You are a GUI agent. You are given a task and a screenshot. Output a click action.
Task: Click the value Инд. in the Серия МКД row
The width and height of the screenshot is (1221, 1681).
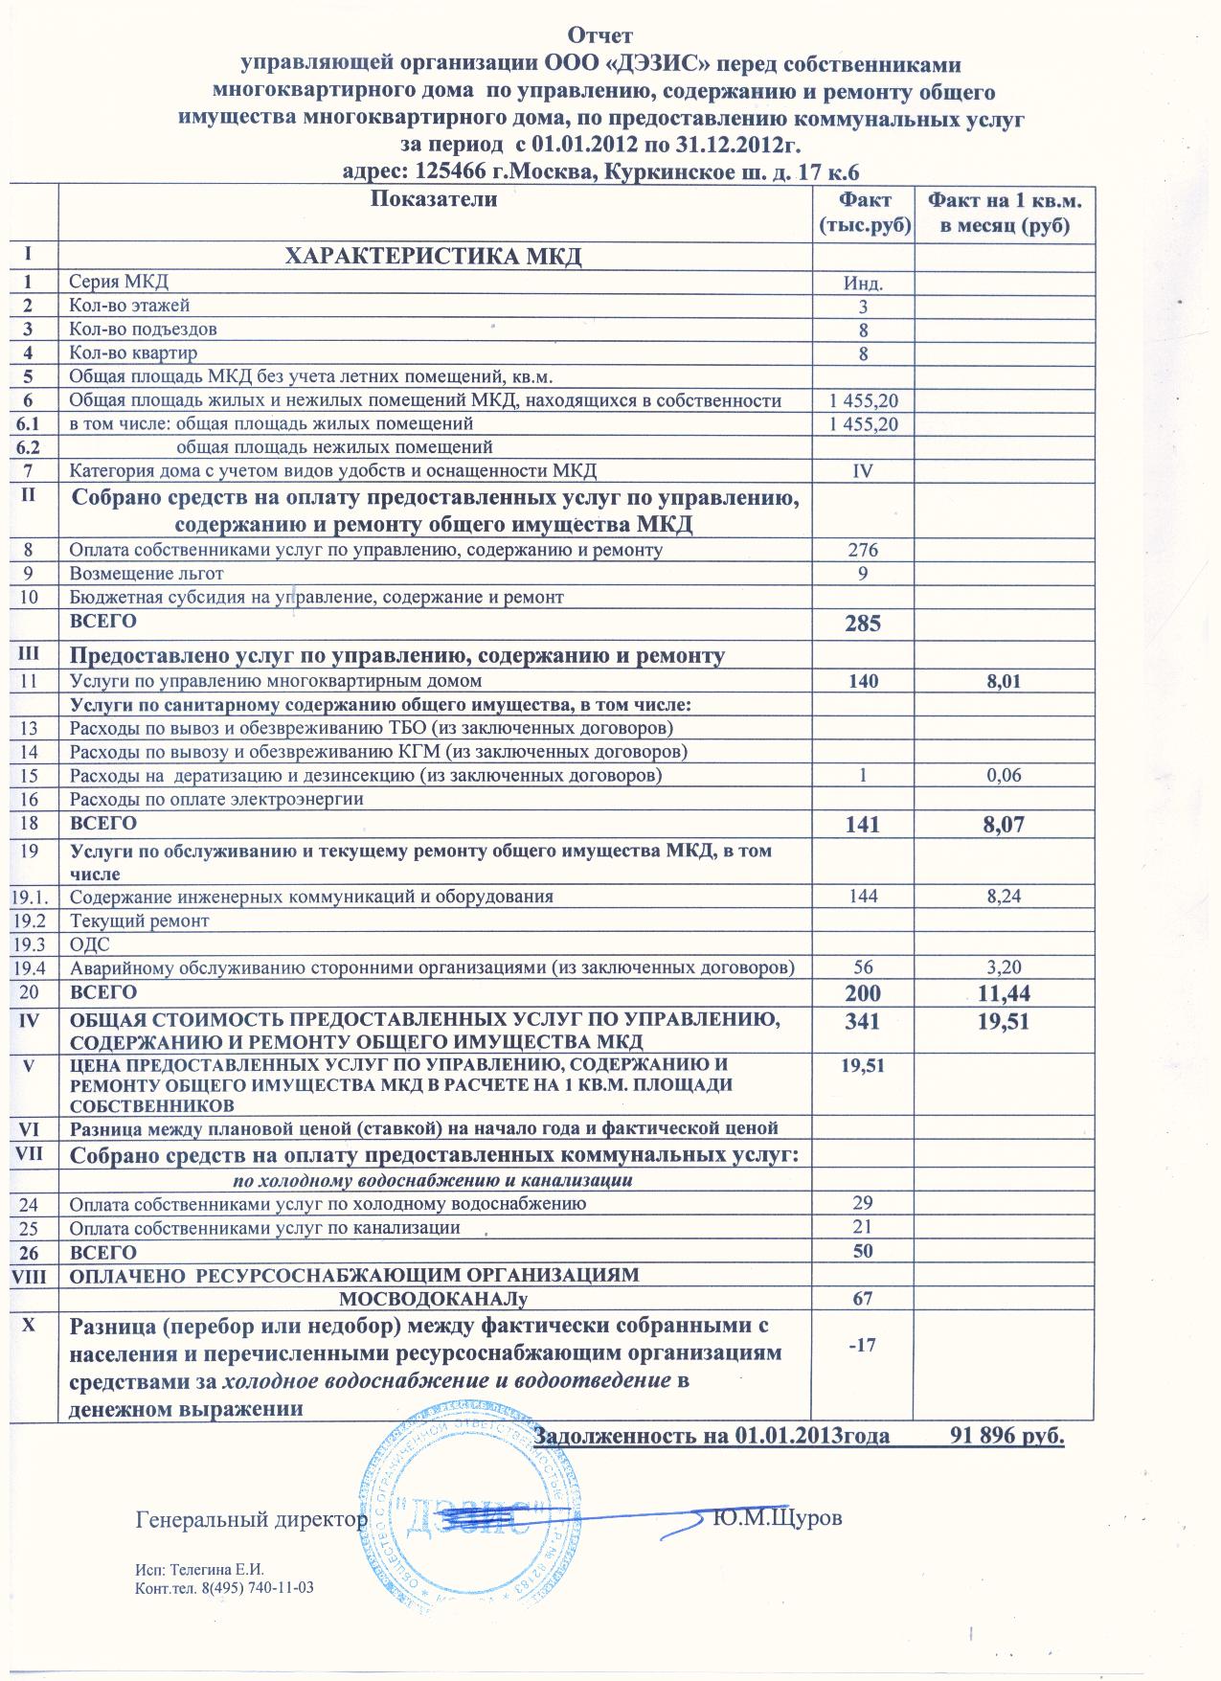863,284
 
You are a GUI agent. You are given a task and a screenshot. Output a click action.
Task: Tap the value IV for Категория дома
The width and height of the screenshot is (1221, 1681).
863,471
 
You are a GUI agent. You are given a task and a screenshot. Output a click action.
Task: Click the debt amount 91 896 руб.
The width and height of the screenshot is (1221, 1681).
1006,1436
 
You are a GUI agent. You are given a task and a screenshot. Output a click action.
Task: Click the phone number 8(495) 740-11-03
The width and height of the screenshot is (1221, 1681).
257,1589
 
